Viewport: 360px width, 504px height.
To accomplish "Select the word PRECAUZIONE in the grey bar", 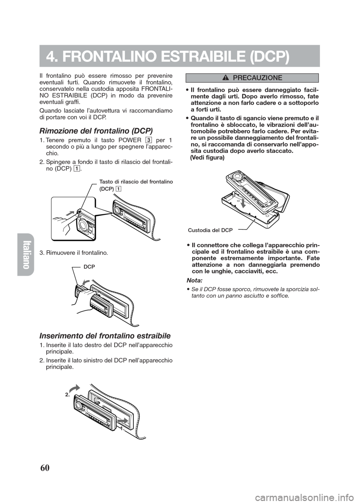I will tap(257, 78).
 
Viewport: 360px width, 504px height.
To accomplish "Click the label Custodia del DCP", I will tap(210, 229).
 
